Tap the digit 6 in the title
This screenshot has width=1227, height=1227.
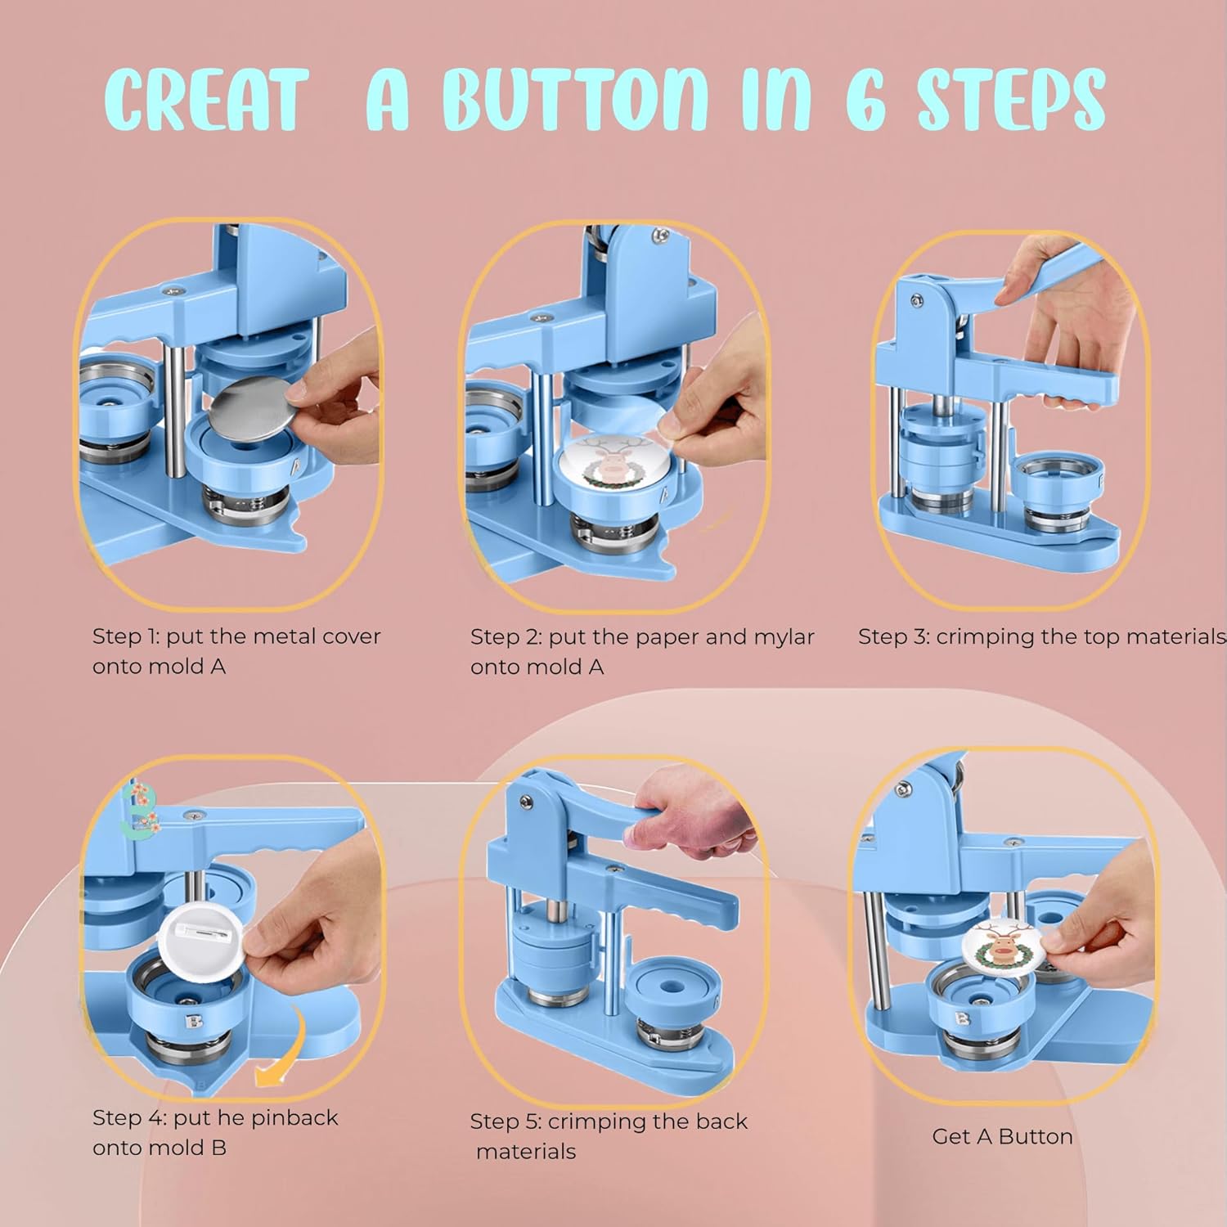click(866, 100)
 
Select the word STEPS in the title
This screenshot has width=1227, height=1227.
click(1012, 100)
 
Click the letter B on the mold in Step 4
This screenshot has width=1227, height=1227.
click(194, 1022)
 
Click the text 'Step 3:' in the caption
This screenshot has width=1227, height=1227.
click(894, 637)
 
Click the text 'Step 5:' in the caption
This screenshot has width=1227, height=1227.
click(506, 1122)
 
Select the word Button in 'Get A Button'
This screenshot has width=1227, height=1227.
click(1036, 1136)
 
